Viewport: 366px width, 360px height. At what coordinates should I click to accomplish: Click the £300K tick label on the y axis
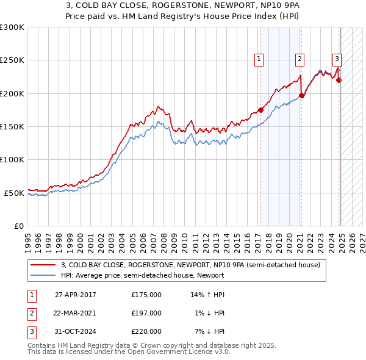pos(12,27)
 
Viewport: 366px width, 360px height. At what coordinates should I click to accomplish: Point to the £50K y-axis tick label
pos(14,193)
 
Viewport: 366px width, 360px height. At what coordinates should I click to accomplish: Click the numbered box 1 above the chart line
pos(259,59)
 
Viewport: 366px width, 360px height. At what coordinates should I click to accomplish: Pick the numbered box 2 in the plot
pos(300,59)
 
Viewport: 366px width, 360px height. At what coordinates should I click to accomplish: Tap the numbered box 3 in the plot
pos(337,59)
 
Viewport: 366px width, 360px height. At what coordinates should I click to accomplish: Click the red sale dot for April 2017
pos(260,110)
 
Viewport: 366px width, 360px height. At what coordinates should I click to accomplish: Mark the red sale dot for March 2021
pos(301,95)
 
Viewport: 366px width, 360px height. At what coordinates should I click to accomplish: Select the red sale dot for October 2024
pos(339,80)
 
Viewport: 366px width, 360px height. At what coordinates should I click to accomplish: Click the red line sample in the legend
pos(43,265)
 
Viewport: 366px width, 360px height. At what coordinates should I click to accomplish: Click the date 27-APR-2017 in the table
pos(76,295)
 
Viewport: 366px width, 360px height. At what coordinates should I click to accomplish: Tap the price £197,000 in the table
pos(146,313)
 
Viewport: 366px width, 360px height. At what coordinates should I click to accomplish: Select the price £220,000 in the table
pos(146,331)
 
